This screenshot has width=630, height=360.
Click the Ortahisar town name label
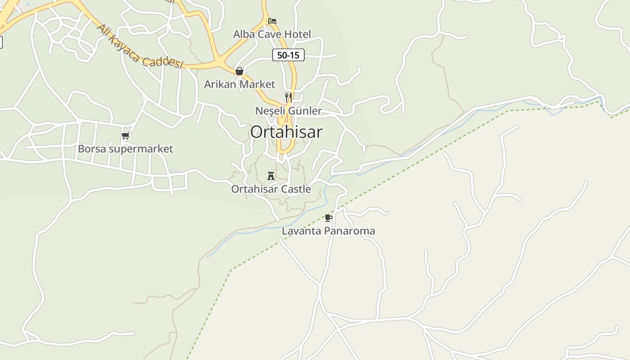286,132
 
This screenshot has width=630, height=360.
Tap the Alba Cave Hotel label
272,34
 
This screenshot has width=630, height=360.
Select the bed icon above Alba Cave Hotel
272,21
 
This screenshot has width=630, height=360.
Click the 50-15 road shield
288,55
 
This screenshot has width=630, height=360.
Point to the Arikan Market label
239,84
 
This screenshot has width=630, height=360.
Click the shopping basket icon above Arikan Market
239,71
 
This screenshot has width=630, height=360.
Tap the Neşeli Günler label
288,111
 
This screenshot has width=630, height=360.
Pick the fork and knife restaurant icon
288,97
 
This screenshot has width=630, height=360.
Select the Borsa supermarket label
125,148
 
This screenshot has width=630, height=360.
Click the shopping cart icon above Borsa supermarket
125,135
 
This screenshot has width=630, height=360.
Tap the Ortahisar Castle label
271,189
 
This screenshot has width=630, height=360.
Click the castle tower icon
271,175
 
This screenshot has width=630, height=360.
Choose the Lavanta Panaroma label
328,231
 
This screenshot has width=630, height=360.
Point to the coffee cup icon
328,218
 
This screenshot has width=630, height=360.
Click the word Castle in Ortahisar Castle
295,189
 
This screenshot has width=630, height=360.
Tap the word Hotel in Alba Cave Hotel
297,34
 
